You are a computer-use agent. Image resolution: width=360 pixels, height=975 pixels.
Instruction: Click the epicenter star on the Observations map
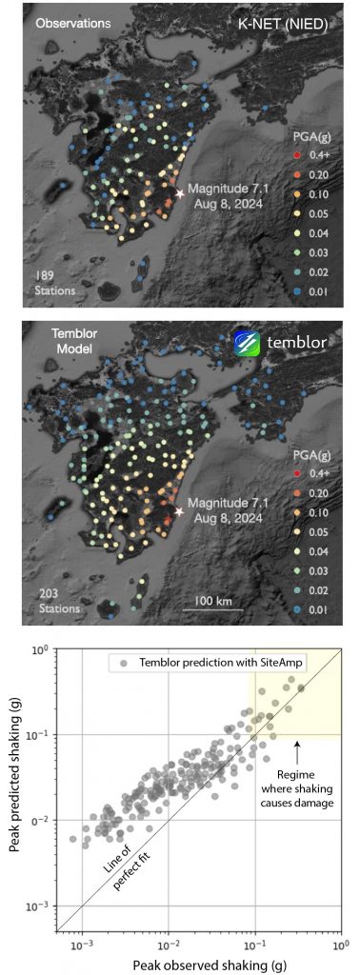pos(179,193)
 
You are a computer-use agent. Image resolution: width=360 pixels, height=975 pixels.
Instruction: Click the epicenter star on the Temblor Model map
pos(179,511)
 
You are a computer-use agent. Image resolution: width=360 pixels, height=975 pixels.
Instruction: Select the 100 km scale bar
pos(215,609)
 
